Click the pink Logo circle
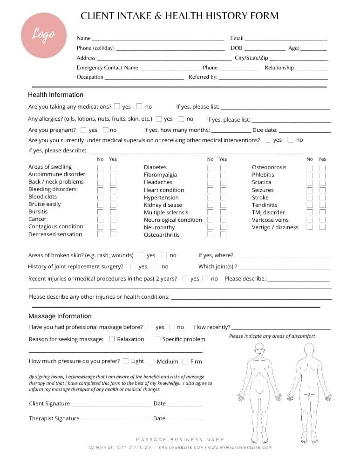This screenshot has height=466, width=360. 43,35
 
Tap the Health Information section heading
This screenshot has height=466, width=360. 55,95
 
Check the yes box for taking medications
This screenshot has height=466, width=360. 117,106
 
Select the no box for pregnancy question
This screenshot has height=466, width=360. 106,130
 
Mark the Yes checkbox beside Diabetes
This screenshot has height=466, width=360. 224,167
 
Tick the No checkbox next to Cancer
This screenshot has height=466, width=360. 100,219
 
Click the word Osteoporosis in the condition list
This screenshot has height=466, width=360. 269,167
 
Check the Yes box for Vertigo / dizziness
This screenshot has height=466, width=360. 322,227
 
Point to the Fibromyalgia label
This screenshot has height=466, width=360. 160,175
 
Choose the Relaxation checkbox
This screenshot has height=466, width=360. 112,339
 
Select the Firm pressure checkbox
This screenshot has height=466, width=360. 185,361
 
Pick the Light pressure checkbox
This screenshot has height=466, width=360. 126,361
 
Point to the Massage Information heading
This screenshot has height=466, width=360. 60,316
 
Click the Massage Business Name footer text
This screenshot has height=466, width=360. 180,439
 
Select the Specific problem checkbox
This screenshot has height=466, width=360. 158,339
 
